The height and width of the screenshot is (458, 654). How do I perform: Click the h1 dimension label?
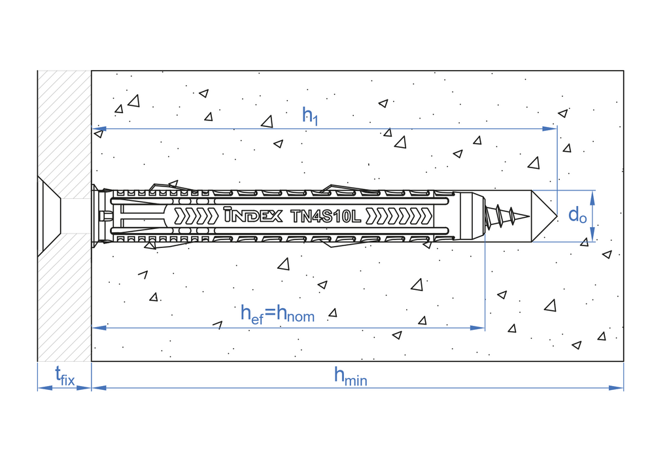coord(310,115)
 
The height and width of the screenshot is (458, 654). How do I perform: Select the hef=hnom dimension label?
coord(277,314)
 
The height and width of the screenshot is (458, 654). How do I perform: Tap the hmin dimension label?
coord(351,376)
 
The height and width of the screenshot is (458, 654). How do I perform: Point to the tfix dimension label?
coord(65,376)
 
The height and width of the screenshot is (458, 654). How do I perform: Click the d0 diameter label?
coord(577,215)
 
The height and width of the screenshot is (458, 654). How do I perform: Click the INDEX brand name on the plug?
coord(252,215)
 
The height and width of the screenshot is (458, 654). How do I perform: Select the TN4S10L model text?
coord(325,217)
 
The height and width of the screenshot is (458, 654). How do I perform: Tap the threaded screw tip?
coord(508,216)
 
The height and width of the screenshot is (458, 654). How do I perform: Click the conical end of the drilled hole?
coord(544,216)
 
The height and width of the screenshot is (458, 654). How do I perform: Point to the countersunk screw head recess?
coord(49,216)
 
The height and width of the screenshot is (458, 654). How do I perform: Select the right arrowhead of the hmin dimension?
coord(616,388)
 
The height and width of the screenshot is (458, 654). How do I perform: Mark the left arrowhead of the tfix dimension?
coord(45,388)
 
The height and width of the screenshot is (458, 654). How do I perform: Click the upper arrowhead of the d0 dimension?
coord(593,198)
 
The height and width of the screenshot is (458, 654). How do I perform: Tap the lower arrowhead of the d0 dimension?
coord(593,234)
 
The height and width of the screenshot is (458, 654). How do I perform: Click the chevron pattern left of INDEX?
coord(196,216)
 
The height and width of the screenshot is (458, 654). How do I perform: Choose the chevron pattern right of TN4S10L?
coord(399,217)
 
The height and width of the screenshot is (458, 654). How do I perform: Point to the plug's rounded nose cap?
coord(469,216)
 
